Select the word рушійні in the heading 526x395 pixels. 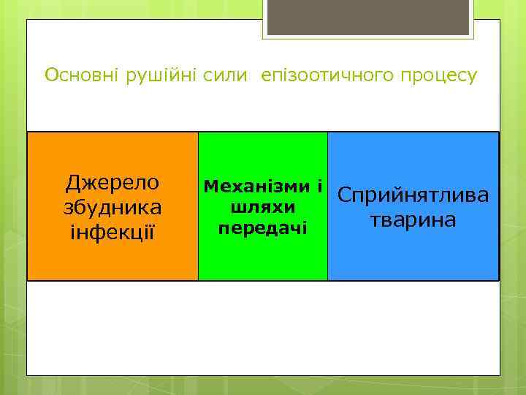[x=159, y=75]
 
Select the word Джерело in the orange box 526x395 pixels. [x=113, y=182]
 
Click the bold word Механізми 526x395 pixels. [x=254, y=186]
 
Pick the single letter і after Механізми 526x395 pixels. [x=319, y=186]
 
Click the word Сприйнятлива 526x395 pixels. [x=413, y=196]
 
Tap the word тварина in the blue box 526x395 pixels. [x=413, y=220]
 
